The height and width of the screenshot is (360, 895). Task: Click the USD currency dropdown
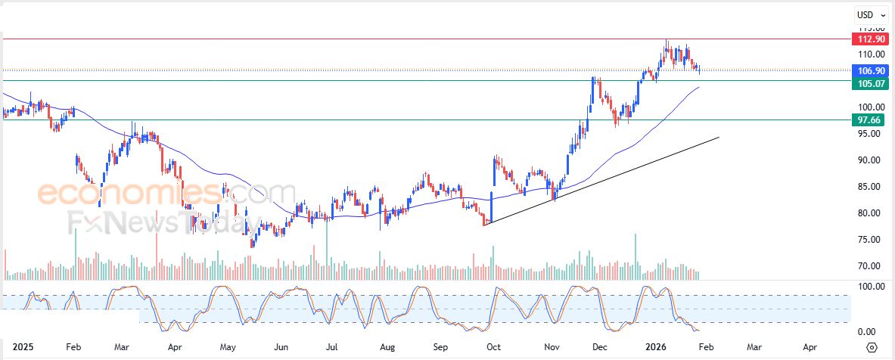point(870,14)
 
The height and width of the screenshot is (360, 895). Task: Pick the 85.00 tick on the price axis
point(867,187)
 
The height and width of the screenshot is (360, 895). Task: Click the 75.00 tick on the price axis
point(867,240)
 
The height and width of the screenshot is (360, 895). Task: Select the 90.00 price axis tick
point(867,160)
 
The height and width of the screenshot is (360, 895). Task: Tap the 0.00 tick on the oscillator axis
point(867,332)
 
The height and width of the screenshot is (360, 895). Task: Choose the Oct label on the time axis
point(493,348)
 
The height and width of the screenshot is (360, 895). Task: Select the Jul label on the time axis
point(331,348)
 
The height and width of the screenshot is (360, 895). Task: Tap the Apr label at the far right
point(810,348)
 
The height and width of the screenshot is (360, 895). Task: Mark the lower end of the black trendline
point(485,224)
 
